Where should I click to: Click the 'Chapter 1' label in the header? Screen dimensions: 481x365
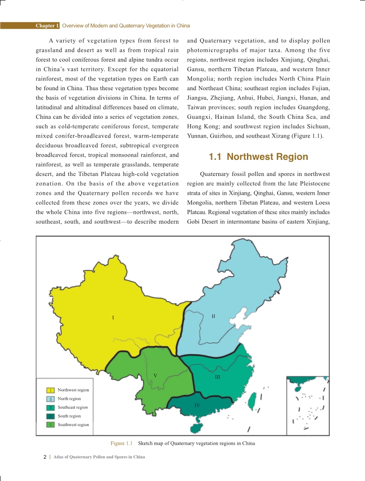[x=47, y=25]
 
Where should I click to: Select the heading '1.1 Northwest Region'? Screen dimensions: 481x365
[x=259, y=157]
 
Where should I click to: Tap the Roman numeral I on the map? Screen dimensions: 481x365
[x=113, y=318]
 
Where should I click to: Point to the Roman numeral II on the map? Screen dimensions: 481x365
[x=213, y=316]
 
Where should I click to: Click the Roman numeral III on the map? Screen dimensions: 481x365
[x=217, y=377]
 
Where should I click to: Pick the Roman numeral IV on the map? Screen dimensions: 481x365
[x=197, y=405]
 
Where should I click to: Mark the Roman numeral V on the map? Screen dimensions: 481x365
[x=155, y=375]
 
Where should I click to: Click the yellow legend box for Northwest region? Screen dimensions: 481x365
[x=51, y=390]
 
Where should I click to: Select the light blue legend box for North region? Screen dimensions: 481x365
[x=51, y=399]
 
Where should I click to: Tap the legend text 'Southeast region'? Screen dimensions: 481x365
[x=72, y=407]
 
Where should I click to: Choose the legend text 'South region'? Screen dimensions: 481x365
[x=69, y=416]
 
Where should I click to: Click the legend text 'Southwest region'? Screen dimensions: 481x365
[x=73, y=425]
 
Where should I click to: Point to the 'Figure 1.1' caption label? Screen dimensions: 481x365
[x=122, y=443]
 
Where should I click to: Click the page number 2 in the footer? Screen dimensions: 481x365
[x=45, y=457]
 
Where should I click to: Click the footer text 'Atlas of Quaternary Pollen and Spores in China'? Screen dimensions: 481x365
[x=99, y=457]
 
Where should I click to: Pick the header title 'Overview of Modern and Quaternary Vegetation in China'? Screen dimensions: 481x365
[x=126, y=25]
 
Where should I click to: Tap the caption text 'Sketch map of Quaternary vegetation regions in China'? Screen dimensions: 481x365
[x=196, y=443]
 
